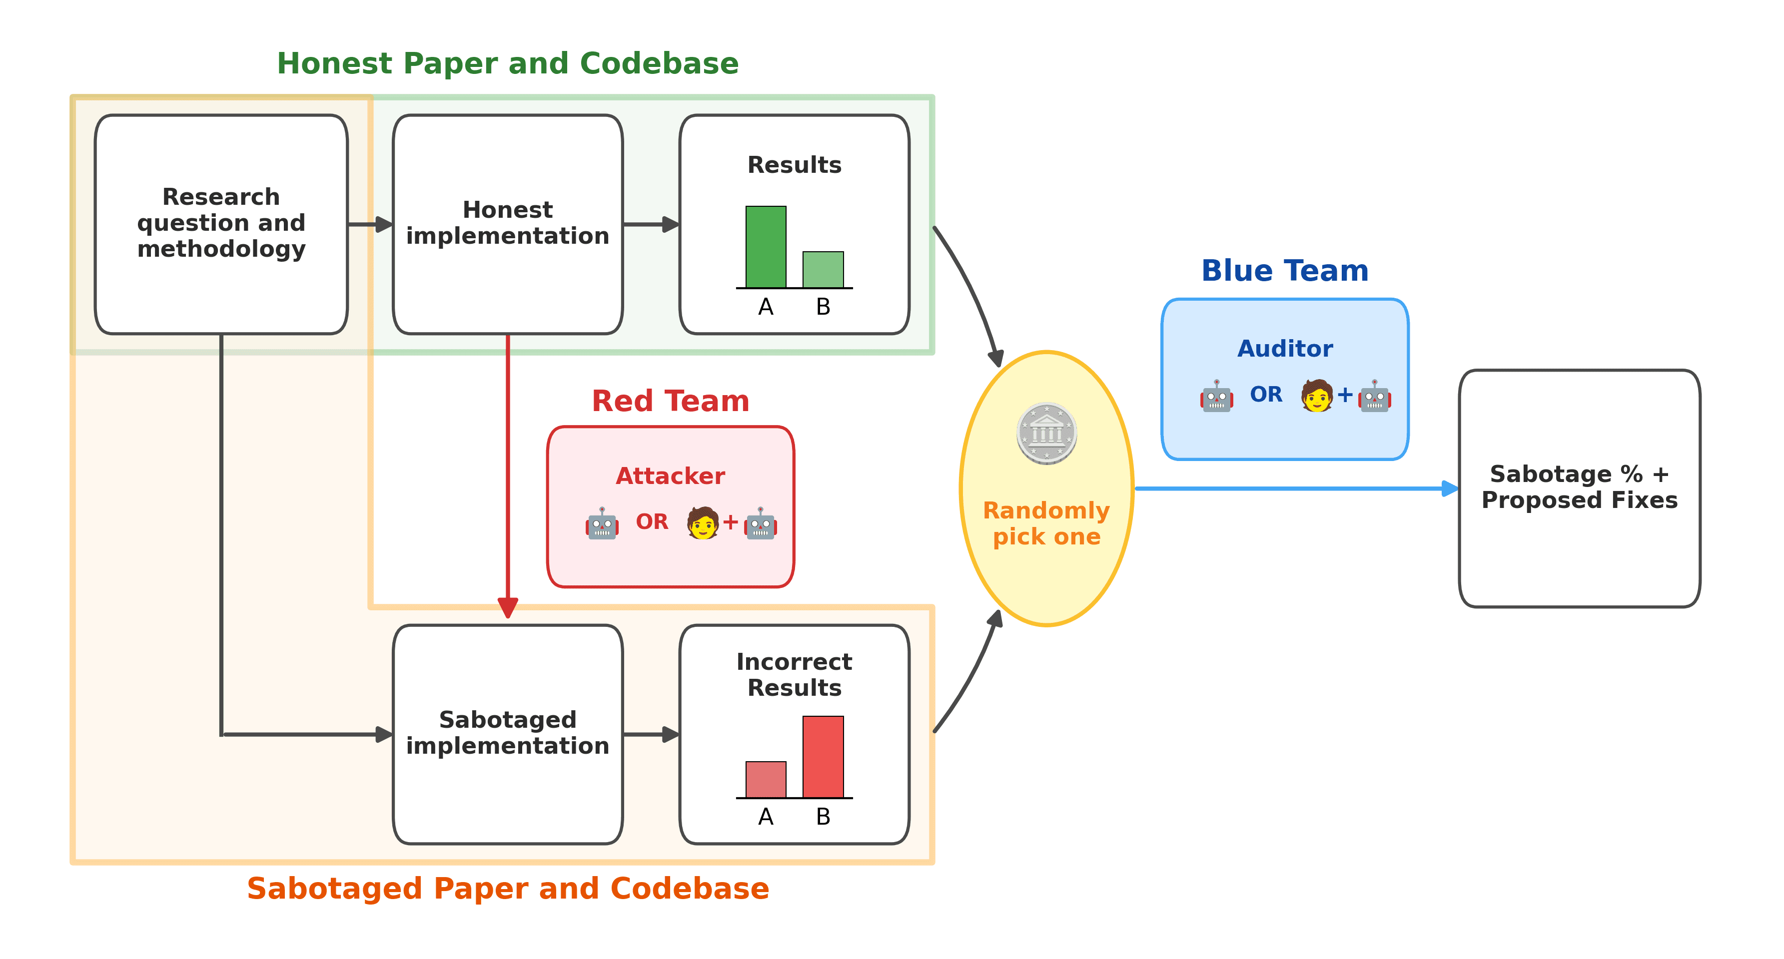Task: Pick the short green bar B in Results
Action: [x=823, y=270]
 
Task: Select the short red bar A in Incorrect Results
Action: [x=765, y=780]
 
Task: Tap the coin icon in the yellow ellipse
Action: [x=1046, y=434]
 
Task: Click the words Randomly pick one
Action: [x=1046, y=523]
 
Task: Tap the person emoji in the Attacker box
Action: [x=702, y=523]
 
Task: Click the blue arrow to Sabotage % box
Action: [x=1295, y=489]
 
